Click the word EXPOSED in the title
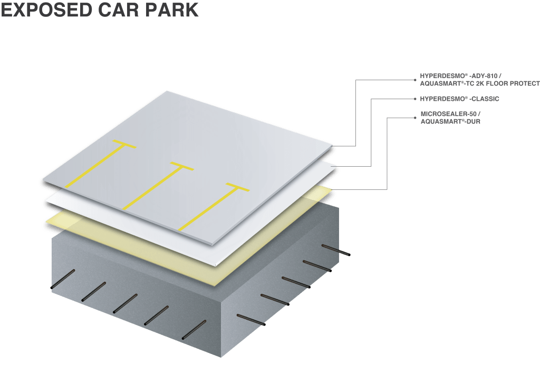(x=46, y=9)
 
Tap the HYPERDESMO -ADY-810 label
(x=460, y=76)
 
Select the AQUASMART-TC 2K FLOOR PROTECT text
(x=480, y=83)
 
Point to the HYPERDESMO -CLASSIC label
(x=459, y=99)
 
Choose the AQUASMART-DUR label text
(x=450, y=121)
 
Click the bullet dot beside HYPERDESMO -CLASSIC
(x=415, y=99)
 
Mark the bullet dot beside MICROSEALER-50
(x=415, y=118)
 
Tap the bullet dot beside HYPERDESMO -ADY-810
(x=415, y=80)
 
